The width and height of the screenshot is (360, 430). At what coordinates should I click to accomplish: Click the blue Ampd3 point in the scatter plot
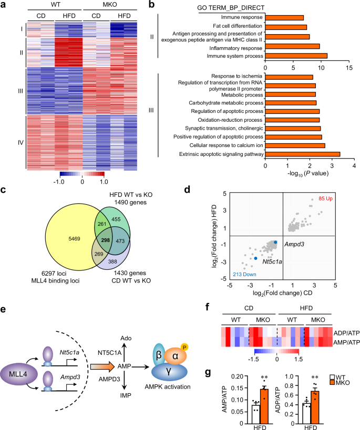[275, 241]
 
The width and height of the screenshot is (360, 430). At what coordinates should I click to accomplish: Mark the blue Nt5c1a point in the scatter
[255, 258]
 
